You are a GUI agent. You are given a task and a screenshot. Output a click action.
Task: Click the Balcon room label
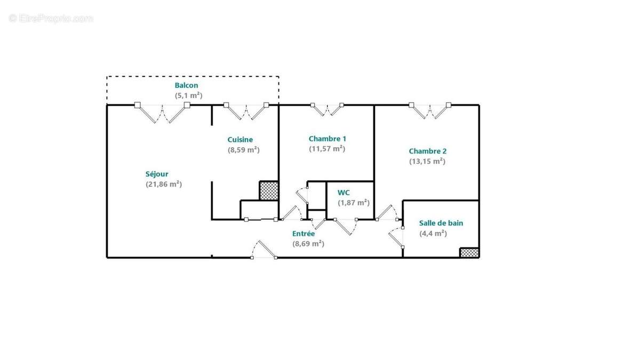186,85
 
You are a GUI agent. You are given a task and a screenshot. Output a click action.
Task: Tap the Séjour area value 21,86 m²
164,184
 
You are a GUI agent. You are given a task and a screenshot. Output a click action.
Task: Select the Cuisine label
240,139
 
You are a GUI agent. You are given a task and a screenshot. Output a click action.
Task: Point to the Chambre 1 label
327,139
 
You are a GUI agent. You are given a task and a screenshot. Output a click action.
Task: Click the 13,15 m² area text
427,161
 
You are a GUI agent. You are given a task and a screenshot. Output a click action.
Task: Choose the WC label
343,193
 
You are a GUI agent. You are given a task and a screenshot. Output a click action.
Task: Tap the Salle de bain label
441,223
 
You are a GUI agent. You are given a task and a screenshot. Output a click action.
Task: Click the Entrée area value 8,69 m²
308,244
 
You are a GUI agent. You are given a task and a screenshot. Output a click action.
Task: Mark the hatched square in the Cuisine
269,190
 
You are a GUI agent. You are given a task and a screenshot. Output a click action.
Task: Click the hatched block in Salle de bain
469,253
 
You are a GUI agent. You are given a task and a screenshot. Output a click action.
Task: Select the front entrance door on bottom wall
263,250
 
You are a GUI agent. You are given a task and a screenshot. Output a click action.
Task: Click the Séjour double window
162,113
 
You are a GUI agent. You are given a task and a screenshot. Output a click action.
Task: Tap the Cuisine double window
246,111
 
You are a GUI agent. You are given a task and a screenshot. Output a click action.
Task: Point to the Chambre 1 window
327,110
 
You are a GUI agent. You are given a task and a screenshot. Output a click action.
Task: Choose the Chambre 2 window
430,110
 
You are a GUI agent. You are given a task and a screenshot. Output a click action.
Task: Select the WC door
346,227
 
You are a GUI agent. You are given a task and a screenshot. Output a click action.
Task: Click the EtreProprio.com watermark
51,19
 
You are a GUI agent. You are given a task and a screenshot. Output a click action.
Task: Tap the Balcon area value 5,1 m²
189,95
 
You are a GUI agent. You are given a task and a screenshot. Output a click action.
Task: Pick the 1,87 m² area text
354,203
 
